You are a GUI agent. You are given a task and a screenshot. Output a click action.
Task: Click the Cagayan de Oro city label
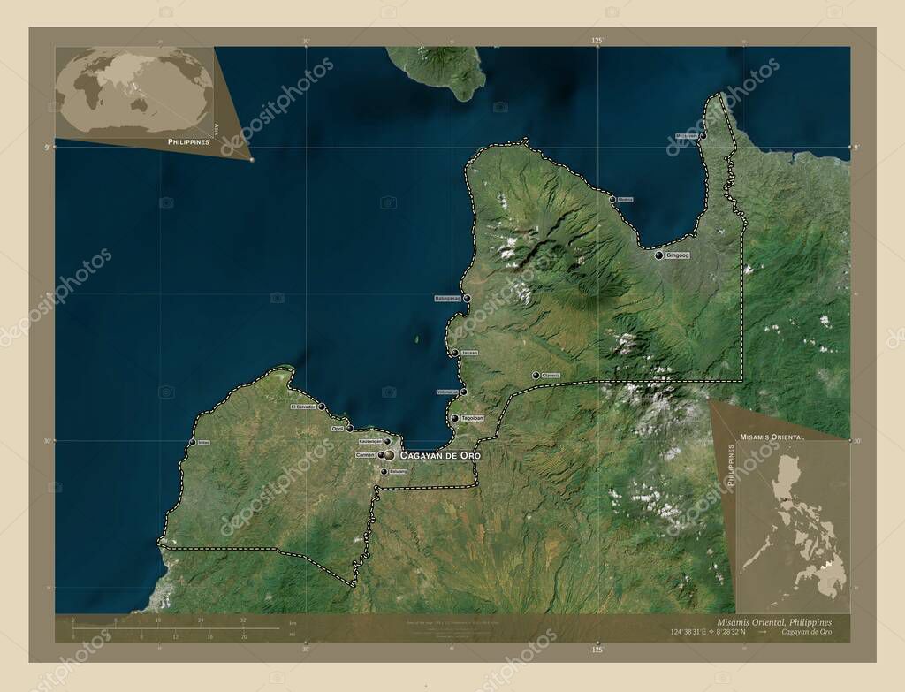[440, 455]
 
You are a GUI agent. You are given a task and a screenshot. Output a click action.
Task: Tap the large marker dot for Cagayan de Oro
[389, 455]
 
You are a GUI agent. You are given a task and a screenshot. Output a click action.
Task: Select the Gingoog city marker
[659, 255]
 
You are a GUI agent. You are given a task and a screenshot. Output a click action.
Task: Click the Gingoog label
[678, 255]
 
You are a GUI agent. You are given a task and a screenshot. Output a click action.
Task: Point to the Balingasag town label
[448, 299]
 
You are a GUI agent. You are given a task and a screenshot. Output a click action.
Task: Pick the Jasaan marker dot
[455, 353]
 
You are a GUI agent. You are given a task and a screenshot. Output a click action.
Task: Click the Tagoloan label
[470, 418]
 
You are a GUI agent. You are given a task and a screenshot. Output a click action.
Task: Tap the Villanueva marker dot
[463, 392]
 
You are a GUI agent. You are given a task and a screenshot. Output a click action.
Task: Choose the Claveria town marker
[536, 376]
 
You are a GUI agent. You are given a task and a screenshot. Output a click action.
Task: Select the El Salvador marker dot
[322, 407]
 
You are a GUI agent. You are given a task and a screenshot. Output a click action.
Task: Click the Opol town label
[337, 429]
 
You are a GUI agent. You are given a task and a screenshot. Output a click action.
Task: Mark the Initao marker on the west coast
[193, 442]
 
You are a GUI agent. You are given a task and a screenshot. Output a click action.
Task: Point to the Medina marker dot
[612, 200]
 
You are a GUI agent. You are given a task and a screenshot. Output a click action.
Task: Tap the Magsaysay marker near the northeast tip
[703, 136]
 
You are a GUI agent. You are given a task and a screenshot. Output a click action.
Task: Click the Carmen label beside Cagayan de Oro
[365, 455]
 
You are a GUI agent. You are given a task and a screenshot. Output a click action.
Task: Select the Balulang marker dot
[383, 472]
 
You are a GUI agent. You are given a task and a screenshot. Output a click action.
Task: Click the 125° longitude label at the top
[597, 41]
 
